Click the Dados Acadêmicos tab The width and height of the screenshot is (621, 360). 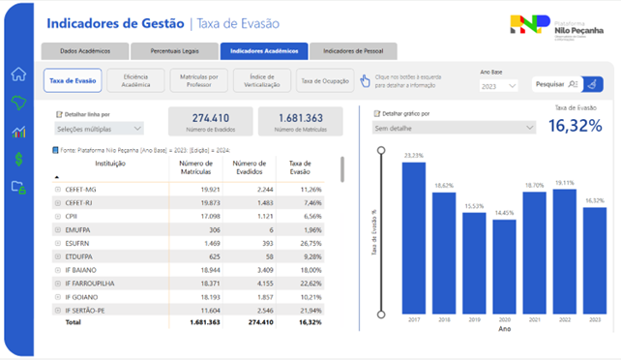84,51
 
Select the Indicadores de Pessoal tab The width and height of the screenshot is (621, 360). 352,51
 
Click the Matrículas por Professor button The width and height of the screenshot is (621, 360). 198,81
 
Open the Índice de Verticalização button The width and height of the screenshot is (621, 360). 263,81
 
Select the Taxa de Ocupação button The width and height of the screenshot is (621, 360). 322,81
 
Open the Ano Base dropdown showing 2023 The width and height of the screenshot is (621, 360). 498,86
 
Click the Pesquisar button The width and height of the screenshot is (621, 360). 556,85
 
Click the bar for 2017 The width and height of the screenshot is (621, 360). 413,237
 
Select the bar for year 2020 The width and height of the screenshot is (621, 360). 503,266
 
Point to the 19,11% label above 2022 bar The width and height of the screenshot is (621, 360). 563,183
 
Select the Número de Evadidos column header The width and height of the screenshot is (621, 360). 250,168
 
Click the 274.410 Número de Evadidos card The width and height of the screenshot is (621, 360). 210,122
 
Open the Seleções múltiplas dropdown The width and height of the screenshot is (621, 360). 99,129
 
